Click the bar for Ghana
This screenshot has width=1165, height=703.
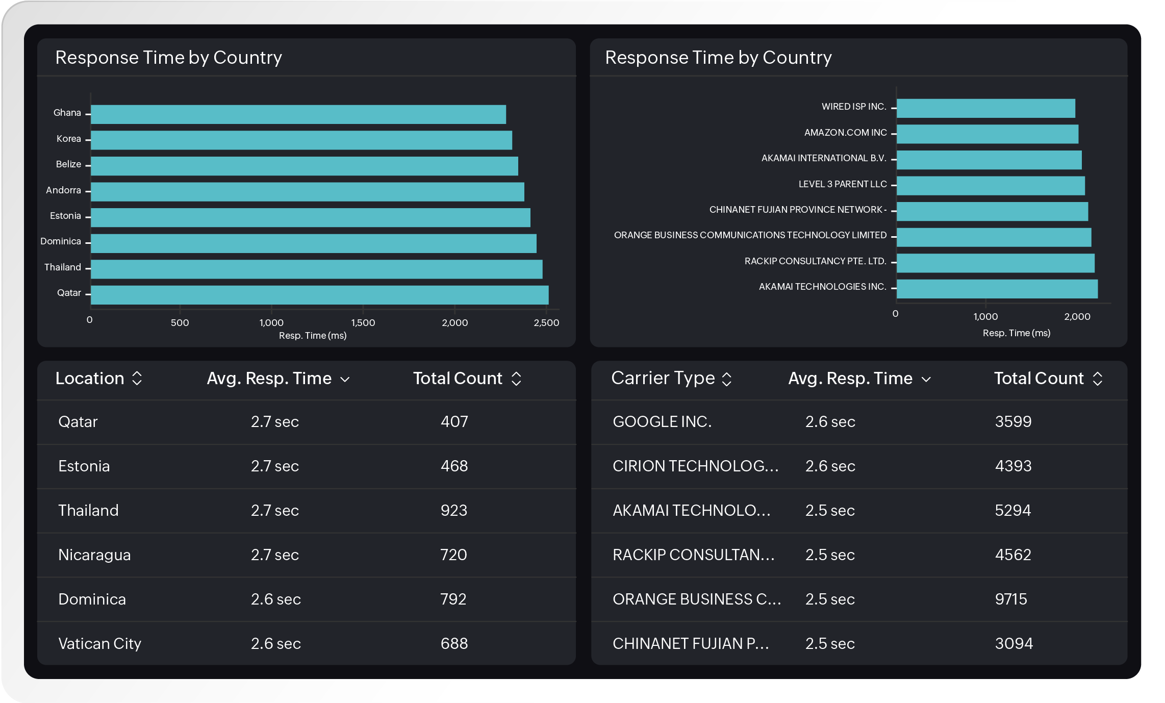(298, 114)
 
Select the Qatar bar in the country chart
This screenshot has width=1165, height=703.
(319, 295)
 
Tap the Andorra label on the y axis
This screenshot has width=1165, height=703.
(63, 190)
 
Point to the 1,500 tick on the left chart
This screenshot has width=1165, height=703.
(363, 322)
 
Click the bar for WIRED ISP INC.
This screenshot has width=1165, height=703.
(985, 108)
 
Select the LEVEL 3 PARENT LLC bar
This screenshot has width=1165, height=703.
(991, 186)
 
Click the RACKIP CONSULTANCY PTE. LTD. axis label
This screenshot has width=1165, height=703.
(815, 261)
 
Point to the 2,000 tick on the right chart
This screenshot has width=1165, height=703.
(1077, 316)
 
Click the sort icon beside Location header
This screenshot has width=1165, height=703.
(137, 379)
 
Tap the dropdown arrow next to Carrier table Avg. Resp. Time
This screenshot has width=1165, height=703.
(926, 379)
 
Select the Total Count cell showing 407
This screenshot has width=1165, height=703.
(454, 422)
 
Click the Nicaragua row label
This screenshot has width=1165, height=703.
(94, 555)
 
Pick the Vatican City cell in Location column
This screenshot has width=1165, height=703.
(99, 644)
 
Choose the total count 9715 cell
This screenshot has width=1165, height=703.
(1010, 599)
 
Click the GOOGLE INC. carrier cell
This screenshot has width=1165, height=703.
(662, 422)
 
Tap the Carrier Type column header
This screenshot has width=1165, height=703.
(663, 379)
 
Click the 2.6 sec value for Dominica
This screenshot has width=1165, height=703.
(275, 599)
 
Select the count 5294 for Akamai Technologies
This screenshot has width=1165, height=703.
(1012, 511)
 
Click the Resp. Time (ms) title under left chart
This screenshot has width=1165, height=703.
(312, 336)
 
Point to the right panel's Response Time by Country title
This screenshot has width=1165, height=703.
(718, 58)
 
